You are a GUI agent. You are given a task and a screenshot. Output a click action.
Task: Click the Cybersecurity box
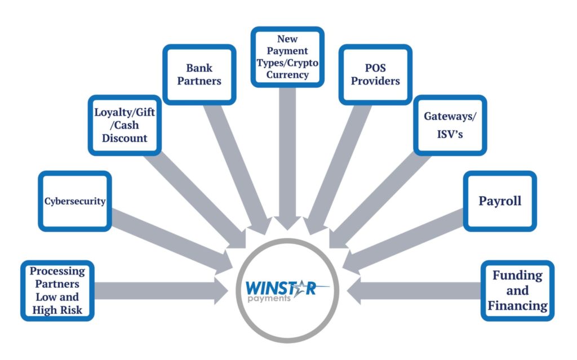pyautogui.click(x=75, y=201)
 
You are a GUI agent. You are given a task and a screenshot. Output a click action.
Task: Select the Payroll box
pyautogui.click(x=500, y=201)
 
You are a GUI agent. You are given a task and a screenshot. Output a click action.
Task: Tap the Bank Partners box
pyautogui.click(x=199, y=75)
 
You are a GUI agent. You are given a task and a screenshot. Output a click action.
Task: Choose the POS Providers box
pyautogui.click(x=375, y=75)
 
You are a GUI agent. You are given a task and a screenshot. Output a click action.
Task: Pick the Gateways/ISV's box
pyautogui.click(x=450, y=125)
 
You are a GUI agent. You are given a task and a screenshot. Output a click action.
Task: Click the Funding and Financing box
pyautogui.click(x=517, y=291)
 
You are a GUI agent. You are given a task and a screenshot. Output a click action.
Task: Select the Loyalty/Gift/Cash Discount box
pyautogui.click(x=125, y=125)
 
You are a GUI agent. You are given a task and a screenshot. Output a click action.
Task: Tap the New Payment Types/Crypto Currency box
pyautogui.click(x=287, y=57)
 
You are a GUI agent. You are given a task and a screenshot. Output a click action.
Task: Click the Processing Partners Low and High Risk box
pyautogui.click(x=57, y=291)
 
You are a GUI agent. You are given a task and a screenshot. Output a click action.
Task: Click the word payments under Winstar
pyautogui.click(x=269, y=298)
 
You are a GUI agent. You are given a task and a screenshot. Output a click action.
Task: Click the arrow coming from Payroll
pyautogui.click(x=402, y=242)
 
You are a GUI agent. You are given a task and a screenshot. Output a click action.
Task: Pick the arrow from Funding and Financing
pyautogui.click(x=414, y=291)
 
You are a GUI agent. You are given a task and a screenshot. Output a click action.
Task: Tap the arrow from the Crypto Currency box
pyautogui.click(x=287, y=159)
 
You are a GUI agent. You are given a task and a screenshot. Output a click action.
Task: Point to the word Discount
pyautogui.click(x=125, y=138)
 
